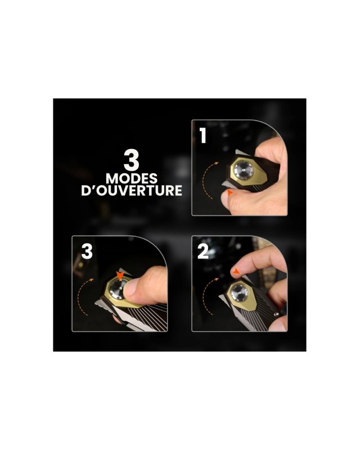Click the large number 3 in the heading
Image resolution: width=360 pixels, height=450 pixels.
tap(132, 160)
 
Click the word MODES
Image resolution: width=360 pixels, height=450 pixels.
tap(132, 178)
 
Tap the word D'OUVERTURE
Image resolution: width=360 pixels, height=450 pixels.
tap(132, 191)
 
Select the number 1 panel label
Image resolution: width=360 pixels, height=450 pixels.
tap(203, 136)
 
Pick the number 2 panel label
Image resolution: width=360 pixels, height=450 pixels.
tap(203, 251)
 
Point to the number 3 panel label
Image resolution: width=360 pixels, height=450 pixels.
tap(87, 251)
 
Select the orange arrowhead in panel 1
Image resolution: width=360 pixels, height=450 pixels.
tap(229, 192)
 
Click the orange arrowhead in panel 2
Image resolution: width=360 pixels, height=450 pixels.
tap(236, 271)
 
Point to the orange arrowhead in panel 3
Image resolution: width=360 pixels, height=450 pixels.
tap(121, 275)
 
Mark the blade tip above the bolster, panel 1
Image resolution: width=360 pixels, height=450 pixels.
tap(237, 150)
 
